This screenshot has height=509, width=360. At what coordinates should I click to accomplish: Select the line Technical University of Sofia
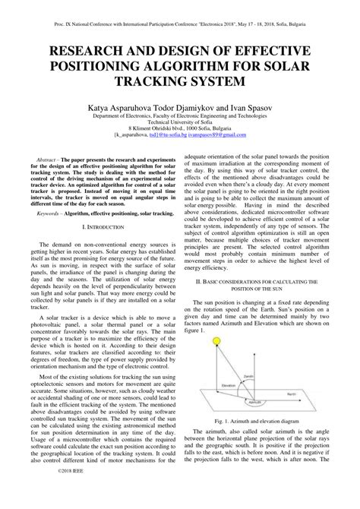click(180, 125)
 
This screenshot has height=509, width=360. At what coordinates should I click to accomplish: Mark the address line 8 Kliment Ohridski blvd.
click(180, 132)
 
